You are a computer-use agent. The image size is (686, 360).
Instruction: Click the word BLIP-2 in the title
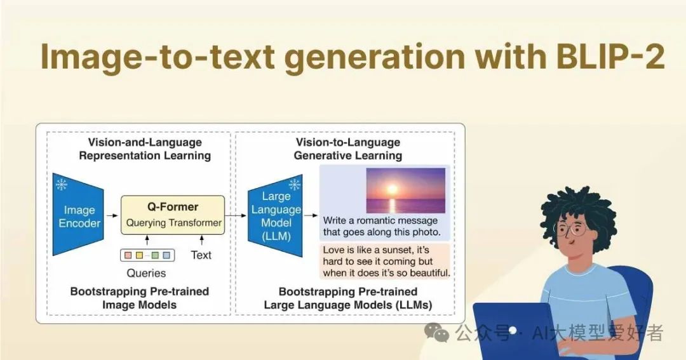click(611, 57)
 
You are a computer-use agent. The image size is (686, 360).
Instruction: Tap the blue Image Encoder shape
click(78, 215)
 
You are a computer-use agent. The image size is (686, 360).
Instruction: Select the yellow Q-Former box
click(173, 215)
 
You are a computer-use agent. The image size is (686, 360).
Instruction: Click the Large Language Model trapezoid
click(275, 216)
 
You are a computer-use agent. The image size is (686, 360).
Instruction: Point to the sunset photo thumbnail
click(405, 190)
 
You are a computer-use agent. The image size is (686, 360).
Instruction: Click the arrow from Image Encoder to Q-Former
click(112, 215)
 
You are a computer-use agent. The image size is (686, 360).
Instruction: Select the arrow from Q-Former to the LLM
click(236, 215)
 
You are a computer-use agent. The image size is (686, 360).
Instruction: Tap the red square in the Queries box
click(128, 255)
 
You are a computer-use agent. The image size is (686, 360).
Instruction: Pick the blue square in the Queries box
click(166, 255)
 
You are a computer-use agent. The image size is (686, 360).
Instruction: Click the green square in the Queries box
click(155, 255)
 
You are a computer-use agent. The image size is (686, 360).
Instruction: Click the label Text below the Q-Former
click(201, 255)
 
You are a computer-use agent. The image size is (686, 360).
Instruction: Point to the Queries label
click(146, 273)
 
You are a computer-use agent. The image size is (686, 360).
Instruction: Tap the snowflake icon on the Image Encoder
click(62, 184)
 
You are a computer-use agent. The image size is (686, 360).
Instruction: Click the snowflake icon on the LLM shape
click(295, 185)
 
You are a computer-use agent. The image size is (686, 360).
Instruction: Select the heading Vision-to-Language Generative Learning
click(348, 149)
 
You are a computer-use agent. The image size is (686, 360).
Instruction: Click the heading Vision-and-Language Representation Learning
click(145, 149)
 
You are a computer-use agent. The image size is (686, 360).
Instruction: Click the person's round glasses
click(572, 229)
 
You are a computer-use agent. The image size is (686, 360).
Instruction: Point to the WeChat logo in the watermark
click(436, 333)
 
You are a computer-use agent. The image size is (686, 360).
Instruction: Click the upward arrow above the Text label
click(202, 240)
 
